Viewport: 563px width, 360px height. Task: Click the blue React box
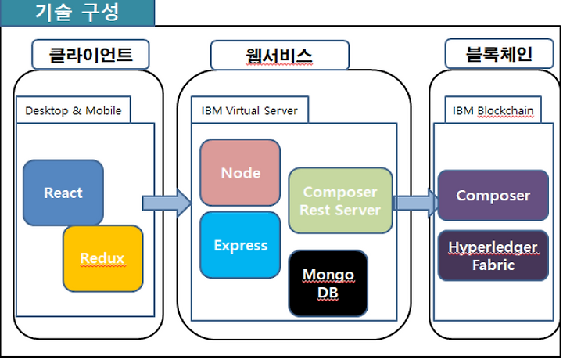[63, 193]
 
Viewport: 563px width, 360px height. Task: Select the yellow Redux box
[103, 259]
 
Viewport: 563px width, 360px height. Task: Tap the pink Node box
[240, 173]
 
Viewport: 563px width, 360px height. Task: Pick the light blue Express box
[240, 245]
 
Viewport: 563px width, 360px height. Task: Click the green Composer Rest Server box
[340, 200]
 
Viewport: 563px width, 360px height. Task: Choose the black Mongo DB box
[328, 283]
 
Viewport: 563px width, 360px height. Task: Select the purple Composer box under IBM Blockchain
[493, 196]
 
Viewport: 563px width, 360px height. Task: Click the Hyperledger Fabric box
[493, 255]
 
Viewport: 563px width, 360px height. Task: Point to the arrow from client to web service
[167, 203]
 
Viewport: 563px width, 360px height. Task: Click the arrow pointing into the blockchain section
[416, 203]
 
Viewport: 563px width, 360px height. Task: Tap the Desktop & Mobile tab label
[74, 110]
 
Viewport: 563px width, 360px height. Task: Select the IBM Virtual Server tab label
[249, 110]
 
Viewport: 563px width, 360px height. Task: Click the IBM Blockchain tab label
[493, 110]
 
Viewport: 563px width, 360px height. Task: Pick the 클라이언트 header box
[91, 54]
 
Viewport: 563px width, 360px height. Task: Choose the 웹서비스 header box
[280, 55]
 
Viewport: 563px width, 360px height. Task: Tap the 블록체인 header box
[499, 54]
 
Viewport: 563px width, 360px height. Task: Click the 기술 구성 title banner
[77, 13]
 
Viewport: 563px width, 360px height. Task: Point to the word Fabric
[493, 265]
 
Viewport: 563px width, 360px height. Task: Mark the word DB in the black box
[328, 293]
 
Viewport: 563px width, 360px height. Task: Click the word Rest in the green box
[315, 211]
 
